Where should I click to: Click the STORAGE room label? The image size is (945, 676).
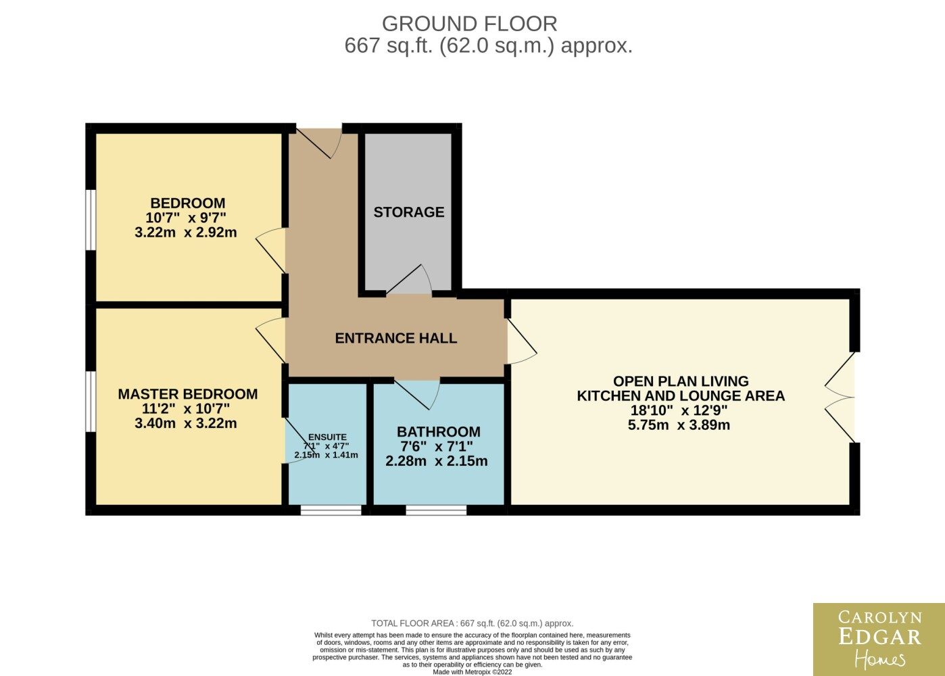pos(409,212)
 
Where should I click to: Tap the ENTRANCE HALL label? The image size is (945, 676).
pos(395,338)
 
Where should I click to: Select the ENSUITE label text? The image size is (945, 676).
pos(327,437)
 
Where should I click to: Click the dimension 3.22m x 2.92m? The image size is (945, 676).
pos(186,232)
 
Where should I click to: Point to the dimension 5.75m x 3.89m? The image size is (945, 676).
pos(679,425)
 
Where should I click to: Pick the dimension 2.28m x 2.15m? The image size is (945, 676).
pos(437,461)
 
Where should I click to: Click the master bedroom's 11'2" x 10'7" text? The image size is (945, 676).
pos(186,408)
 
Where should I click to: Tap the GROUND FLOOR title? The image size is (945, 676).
pos(470,24)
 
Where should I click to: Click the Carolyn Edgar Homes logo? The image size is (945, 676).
pos(879,639)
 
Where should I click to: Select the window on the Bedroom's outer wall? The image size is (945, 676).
pos(91,220)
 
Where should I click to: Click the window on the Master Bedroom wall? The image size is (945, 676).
pos(91,402)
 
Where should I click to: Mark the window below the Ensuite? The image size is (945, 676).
pos(331,510)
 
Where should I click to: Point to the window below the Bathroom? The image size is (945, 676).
pos(436,510)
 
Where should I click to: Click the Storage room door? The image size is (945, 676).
pos(409,279)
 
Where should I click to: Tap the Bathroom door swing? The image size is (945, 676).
pos(417,395)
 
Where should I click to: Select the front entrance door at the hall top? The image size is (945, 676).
pos(318,143)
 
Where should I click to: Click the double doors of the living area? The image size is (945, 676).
pos(840,397)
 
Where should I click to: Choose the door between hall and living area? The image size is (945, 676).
pos(522,341)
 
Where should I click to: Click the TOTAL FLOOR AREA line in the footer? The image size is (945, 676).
pos(472,623)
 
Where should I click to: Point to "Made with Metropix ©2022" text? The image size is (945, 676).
pos(472,672)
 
